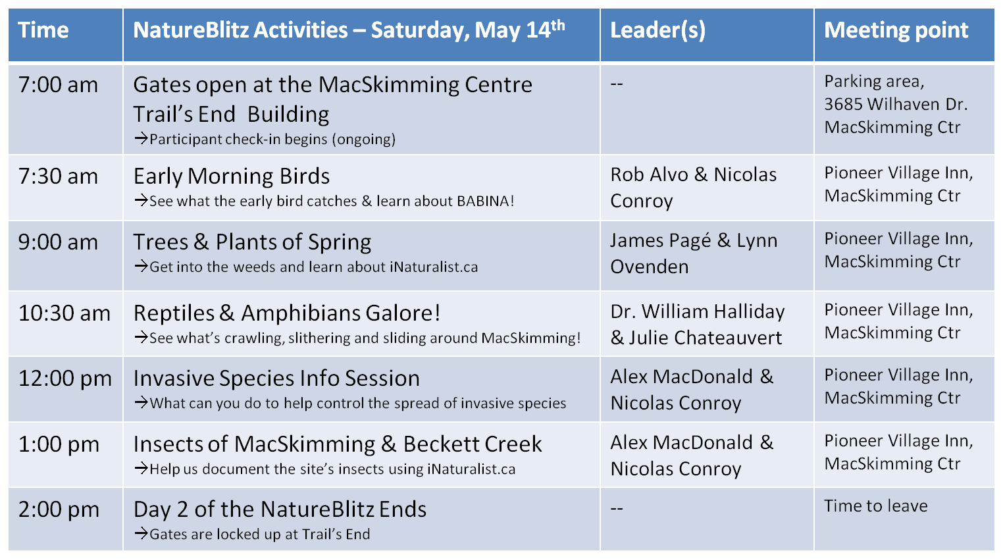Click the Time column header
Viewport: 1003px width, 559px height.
43,30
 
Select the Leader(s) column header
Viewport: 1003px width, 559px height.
657,30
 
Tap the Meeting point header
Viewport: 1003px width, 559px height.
896,30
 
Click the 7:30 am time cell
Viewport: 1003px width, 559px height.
58,176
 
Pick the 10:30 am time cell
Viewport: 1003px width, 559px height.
64,313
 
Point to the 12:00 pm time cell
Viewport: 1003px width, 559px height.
64,379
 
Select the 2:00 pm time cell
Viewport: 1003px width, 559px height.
59,510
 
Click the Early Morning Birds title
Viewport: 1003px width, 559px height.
232,176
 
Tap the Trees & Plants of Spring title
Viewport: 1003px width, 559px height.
252,242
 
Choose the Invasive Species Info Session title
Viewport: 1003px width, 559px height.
276,379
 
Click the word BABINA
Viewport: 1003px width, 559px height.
482,201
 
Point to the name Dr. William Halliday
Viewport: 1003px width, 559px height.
697,311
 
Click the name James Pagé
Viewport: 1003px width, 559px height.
661,241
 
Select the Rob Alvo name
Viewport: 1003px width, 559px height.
650,174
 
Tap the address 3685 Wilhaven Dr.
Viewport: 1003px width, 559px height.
896,105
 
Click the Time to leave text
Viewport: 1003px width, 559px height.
876,506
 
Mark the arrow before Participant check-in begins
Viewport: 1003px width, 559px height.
141,138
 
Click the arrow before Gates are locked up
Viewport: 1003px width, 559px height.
141,533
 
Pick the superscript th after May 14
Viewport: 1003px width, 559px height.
557,25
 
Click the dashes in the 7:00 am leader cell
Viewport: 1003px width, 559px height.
617,84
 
